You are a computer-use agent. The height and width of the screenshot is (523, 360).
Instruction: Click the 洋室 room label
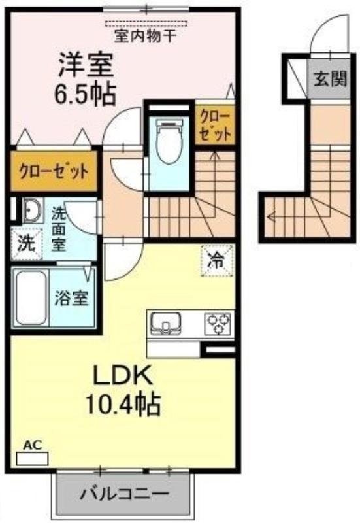pyautogui.click(x=86, y=66)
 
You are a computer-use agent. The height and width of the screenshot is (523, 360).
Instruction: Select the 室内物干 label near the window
pyautogui.click(x=145, y=37)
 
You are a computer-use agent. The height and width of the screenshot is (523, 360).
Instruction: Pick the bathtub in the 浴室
pyautogui.click(x=31, y=299)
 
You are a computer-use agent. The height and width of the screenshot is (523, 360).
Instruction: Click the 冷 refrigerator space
pyautogui.click(x=215, y=260)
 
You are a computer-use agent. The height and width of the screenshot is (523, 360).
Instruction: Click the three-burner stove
pyautogui.click(x=218, y=323)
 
